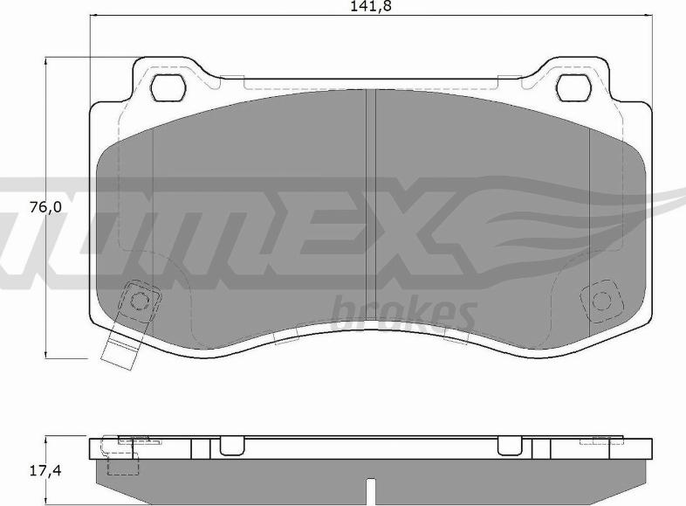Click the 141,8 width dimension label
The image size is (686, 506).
(371, 6)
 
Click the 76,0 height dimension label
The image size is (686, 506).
(46, 207)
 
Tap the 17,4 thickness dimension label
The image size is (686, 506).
(46, 470)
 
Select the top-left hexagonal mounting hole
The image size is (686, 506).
(168, 87)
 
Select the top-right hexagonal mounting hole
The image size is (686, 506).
(574, 87)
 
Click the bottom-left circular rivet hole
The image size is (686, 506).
(140, 301)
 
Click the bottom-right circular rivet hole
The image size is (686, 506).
(601, 301)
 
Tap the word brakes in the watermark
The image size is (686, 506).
(403, 312)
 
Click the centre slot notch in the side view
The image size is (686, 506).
(371, 490)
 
